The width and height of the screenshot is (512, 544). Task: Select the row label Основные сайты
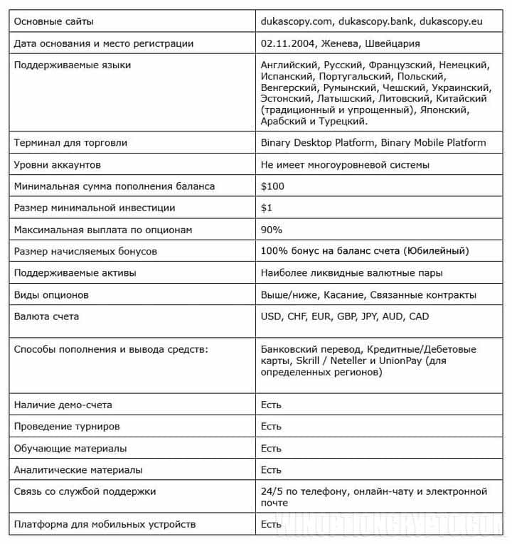click(x=53, y=21)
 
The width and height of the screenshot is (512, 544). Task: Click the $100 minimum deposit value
click(x=272, y=186)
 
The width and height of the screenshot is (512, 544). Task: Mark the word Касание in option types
click(x=345, y=294)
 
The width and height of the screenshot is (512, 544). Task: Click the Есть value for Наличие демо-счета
click(x=271, y=405)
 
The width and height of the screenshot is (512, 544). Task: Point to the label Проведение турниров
click(x=67, y=426)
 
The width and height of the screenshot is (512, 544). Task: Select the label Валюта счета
click(x=46, y=316)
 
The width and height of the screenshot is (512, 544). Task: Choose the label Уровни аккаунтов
click(x=58, y=164)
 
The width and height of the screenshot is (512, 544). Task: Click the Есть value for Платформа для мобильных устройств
click(x=271, y=524)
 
